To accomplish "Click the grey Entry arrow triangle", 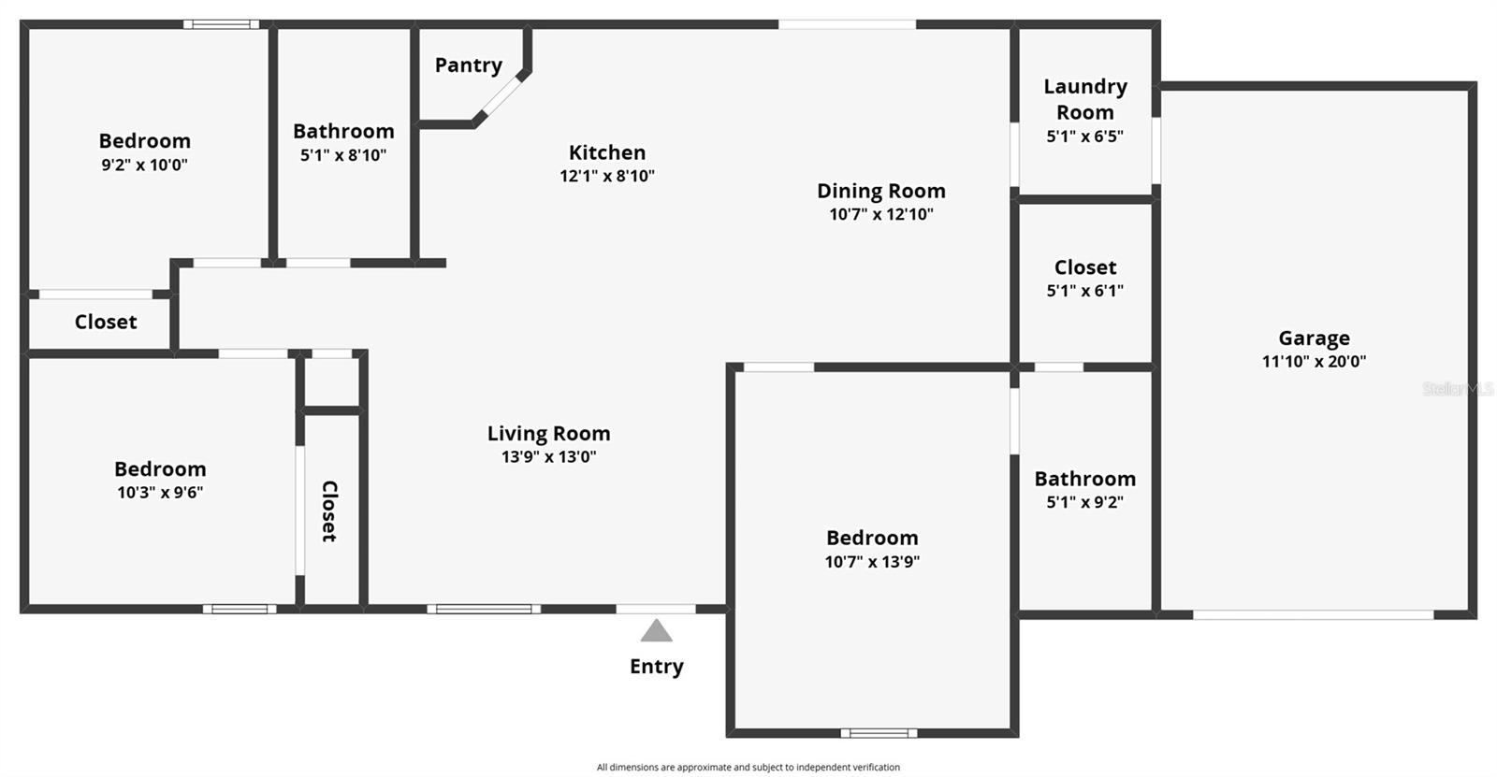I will pyautogui.click(x=656, y=631).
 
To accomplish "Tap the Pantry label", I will pyautogui.click(x=468, y=65).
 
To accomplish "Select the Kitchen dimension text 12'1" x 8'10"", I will pyautogui.click(x=607, y=176).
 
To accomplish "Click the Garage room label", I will pyautogui.click(x=1314, y=338).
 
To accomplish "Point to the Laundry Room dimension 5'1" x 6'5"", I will pyautogui.click(x=1084, y=137).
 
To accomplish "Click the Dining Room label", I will pyautogui.click(x=880, y=191).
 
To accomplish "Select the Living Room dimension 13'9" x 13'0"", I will pyautogui.click(x=548, y=457).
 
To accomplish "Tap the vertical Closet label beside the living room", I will pyautogui.click(x=329, y=511).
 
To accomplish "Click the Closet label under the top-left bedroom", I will pyautogui.click(x=106, y=322).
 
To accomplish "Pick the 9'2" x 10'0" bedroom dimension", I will pyautogui.click(x=144, y=165).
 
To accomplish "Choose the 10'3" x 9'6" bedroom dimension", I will pyautogui.click(x=160, y=493).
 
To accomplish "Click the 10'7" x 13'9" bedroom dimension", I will pyautogui.click(x=872, y=562).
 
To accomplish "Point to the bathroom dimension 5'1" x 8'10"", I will pyautogui.click(x=343, y=155).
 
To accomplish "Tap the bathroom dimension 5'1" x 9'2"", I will pyautogui.click(x=1084, y=502).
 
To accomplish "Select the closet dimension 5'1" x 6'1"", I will pyautogui.click(x=1084, y=291).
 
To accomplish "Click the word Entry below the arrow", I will pyautogui.click(x=656, y=667).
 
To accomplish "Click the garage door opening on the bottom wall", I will pyautogui.click(x=1313, y=614).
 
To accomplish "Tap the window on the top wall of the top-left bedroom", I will pyautogui.click(x=221, y=24).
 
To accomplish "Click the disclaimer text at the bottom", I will pyautogui.click(x=748, y=767).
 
